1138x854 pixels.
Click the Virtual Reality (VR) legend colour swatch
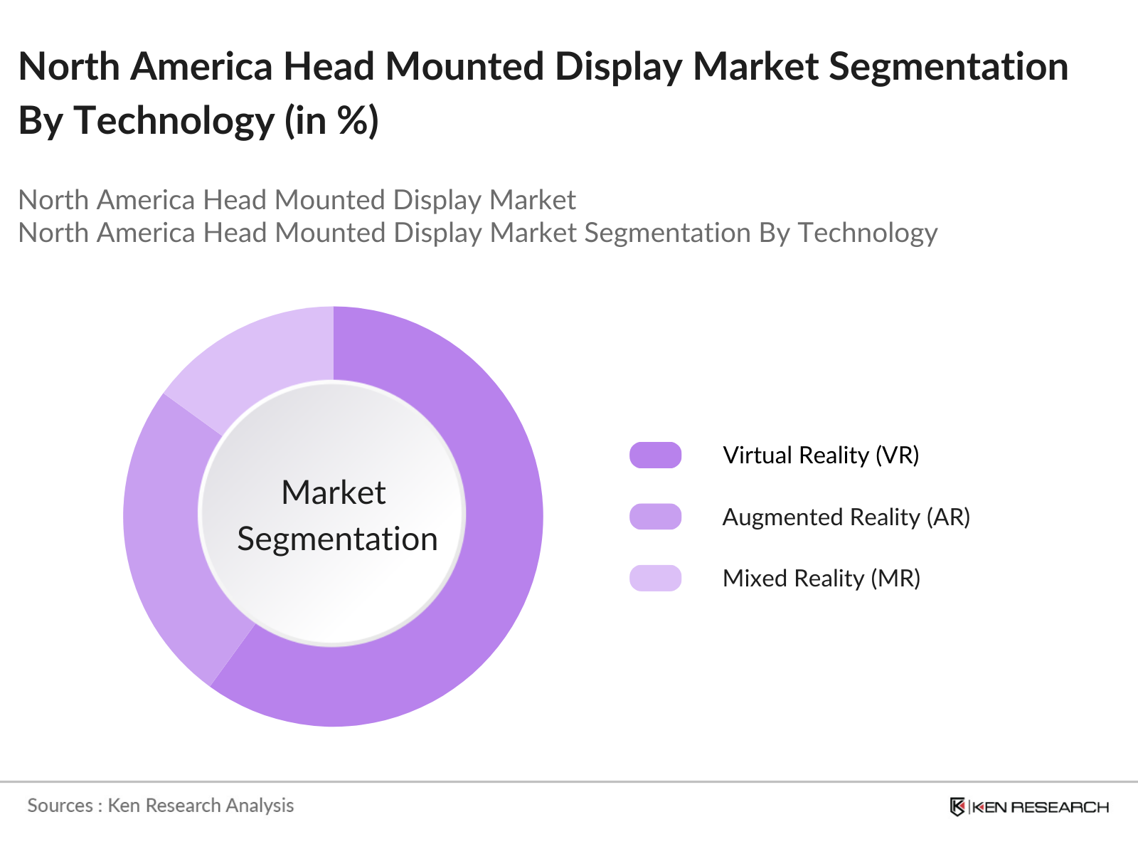click(x=655, y=455)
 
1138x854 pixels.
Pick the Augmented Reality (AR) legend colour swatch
click(x=655, y=517)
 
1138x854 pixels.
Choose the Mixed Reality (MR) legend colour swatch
click(x=655, y=578)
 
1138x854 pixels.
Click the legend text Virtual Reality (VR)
click(x=821, y=455)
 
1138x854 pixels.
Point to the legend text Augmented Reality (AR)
click(x=846, y=517)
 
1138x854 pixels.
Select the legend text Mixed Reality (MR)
click(x=821, y=578)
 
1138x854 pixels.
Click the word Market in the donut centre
click(x=333, y=492)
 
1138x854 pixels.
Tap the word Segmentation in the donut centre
click(x=337, y=539)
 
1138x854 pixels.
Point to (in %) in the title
click(x=331, y=120)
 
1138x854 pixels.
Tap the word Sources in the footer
click(x=60, y=806)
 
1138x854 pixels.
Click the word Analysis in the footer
click(x=260, y=806)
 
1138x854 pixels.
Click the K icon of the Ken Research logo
click(x=957, y=807)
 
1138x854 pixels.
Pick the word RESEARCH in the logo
click(x=1060, y=807)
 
